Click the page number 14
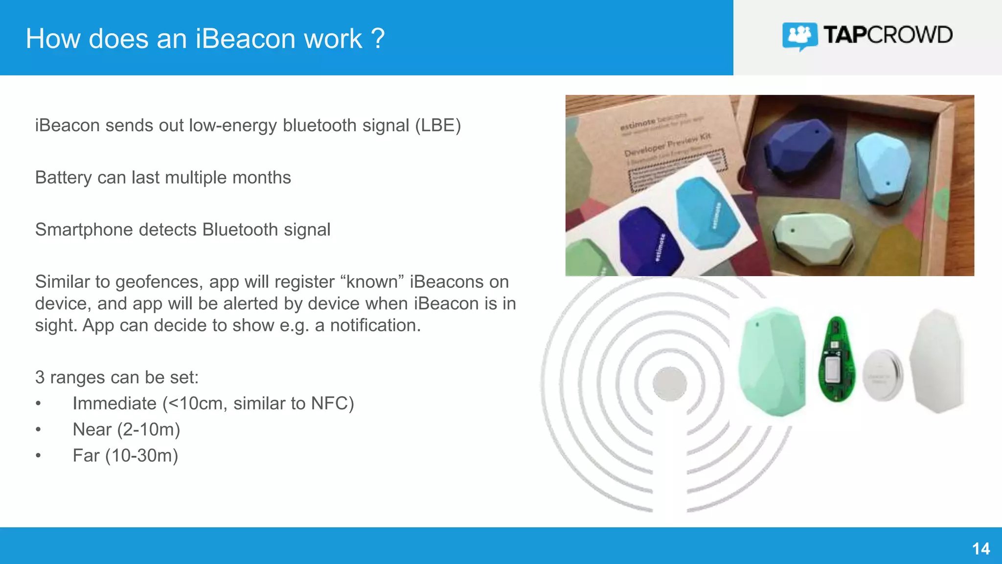click(980, 549)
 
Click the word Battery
click(63, 178)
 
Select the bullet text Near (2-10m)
click(126, 429)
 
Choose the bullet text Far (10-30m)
click(125, 455)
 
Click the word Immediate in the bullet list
click(114, 403)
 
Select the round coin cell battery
click(882, 375)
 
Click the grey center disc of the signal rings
click(670, 384)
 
